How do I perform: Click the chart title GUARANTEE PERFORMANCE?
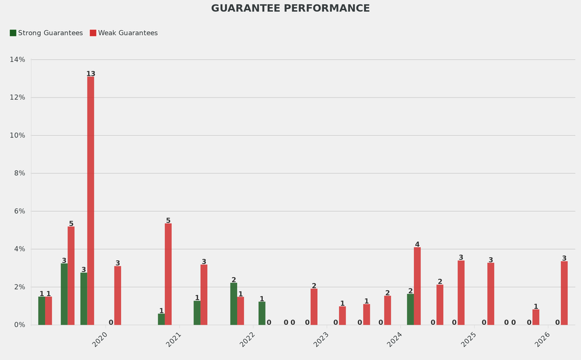point(290,9)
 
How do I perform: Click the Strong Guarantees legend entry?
point(47,33)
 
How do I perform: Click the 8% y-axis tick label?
point(19,173)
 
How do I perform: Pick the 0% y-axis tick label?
point(19,325)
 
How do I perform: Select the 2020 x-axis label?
point(100,340)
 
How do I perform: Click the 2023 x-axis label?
point(321,340)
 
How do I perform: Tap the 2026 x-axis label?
point(542,340)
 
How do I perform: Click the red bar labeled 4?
point(417,286)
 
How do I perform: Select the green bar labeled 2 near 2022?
point(234,304)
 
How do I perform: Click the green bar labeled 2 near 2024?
point(410,309)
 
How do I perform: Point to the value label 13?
point(91,74)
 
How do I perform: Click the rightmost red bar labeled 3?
point(564,293)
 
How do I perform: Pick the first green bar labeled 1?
point(41,311)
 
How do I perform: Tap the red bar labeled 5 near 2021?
point(168,274)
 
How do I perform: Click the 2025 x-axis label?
point(469,340)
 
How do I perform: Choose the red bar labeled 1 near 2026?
point(536,317)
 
